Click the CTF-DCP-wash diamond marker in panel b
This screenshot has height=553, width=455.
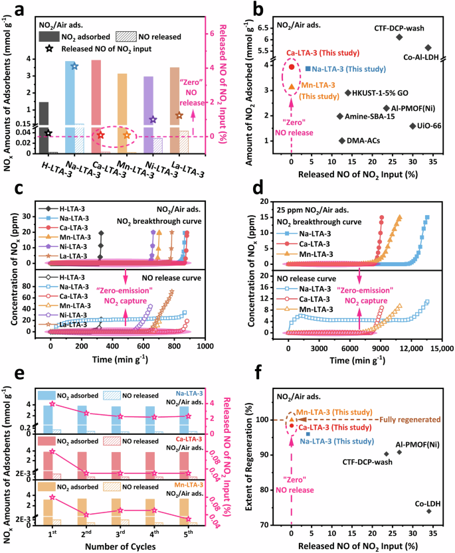[x=399, y=37]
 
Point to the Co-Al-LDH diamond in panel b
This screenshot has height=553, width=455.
[x=428, y=47]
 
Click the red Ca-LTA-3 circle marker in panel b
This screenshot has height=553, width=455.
[x=292, y=66]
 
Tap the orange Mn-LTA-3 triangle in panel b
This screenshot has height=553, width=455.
[x=292, y=86]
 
